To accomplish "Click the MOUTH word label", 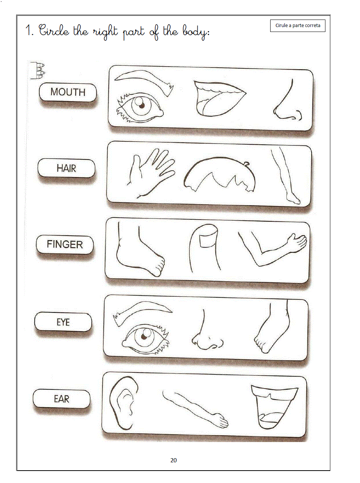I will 68,92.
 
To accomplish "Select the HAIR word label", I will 66,168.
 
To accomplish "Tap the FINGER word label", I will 65,244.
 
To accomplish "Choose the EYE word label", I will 63,322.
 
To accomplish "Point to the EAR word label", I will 62,399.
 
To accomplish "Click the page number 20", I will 173,460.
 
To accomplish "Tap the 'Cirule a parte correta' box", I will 298,26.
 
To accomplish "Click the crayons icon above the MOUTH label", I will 38,70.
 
